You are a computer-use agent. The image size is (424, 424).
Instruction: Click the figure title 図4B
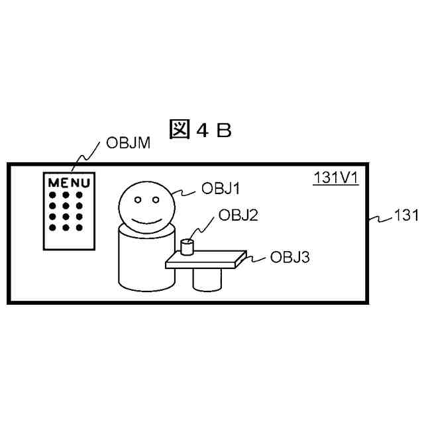coord(200,130)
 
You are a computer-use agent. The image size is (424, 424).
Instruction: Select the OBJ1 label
coord(220,189)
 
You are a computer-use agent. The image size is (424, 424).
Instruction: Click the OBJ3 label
coord(290,256)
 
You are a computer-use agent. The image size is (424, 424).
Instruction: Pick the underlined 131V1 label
coord(336,178)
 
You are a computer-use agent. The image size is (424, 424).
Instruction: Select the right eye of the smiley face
coord(156,198)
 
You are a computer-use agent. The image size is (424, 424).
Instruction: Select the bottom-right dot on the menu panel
coord(79,228)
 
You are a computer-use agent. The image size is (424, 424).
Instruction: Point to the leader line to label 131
coord(380,218)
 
